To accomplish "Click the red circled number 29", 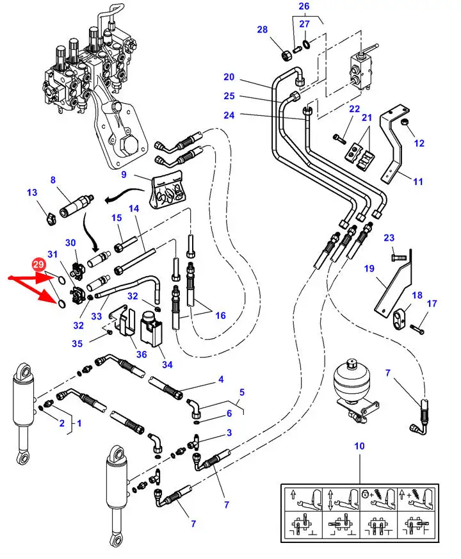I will coord(39,264).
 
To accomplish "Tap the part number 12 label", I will coord(419,143).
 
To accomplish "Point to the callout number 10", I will coord(359,446).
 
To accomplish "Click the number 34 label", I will coord(168,364).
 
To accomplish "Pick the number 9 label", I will coord(124,174).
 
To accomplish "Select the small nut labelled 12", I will coord(405,122).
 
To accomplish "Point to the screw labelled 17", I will coord(417,329).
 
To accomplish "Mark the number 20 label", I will coord(229,77).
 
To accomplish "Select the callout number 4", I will coord(221,380).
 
